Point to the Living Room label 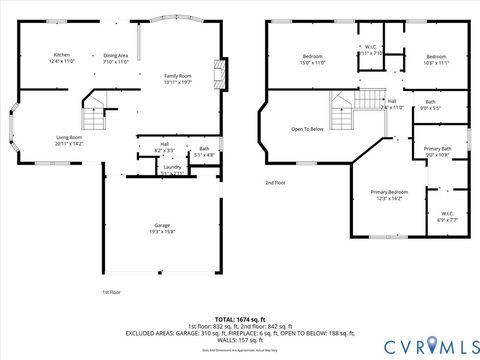click(69, 139)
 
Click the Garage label click(162, 227)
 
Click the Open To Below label click(307, 129)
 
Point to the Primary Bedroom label click(388, 194)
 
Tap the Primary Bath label click(439, 151)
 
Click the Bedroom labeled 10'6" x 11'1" click(436, 59)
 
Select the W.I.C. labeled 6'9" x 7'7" click(447, 216)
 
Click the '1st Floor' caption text click(111, 292)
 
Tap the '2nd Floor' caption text click(276, 183)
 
